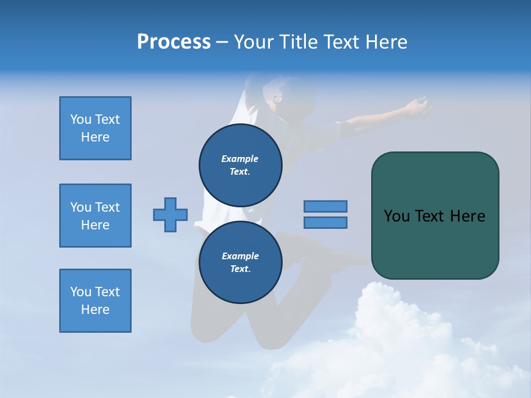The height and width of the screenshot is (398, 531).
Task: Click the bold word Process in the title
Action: (174, 42)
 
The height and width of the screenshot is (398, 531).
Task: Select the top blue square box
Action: (95, 128)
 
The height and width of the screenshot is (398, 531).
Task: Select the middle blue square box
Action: (95, 216)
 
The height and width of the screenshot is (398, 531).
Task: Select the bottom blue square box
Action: (95, 301)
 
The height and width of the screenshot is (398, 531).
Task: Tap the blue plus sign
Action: (170, 214)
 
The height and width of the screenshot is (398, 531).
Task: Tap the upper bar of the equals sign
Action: (325, 206)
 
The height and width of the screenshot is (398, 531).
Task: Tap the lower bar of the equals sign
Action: (325, 222)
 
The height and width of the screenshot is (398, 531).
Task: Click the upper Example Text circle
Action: (240, 165)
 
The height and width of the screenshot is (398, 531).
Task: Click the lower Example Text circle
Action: (240, 262)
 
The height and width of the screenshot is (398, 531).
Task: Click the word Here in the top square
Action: (95, 137)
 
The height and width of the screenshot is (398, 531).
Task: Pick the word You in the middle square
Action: (80, 207)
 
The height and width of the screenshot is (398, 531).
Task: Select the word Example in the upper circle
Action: (240, 159)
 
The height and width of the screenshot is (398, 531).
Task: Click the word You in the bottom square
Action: (80, 292)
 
